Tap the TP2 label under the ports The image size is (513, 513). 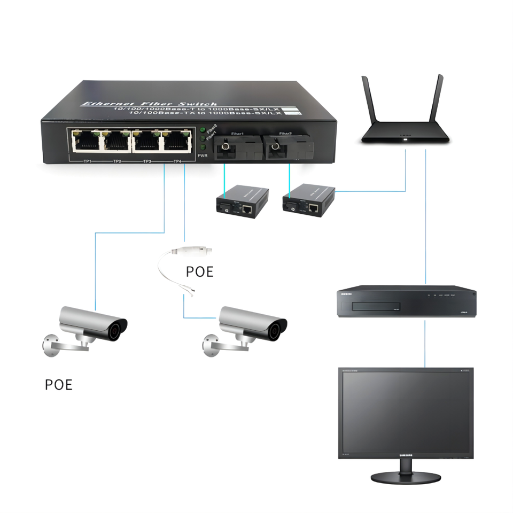[x=117, y=161]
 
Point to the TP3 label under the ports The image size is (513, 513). [x=147, y=161]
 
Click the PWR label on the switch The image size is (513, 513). [x=203, y=156]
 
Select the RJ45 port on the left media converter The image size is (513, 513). [x=247, y=209]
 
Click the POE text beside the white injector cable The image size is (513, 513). [x=199, y=271]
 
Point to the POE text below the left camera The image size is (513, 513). [x=58, y=385]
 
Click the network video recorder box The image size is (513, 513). [x=406, y=303]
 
